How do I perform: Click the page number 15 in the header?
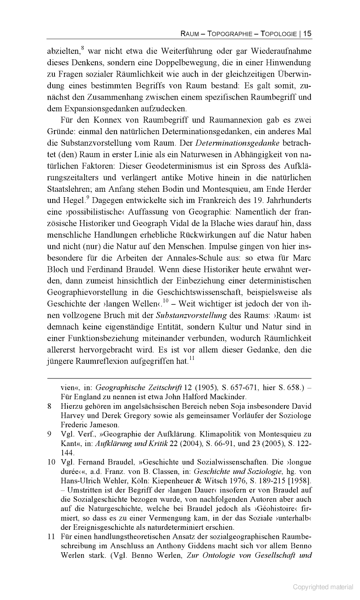tap(307, 33)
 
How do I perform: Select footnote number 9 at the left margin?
tap(49, 434)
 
